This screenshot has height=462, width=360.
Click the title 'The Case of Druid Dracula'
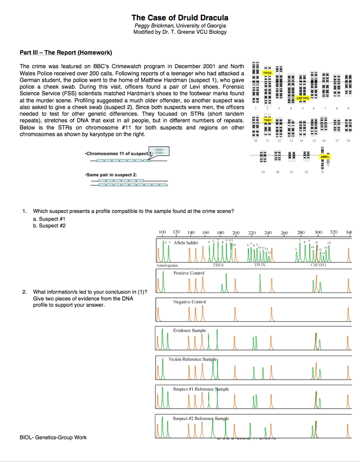(180, 18)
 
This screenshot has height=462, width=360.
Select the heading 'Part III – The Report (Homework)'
(63, 53)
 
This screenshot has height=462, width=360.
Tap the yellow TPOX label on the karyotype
(268, 73)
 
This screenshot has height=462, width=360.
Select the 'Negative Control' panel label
(189, 301)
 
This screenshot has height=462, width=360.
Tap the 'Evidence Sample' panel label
(189, 330)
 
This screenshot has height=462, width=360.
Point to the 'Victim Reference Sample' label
(193, 359)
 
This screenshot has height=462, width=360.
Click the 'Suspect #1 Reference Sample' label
(201, 388)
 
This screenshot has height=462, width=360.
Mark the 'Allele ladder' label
(186, 243)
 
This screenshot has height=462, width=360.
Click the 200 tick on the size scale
(236, 232)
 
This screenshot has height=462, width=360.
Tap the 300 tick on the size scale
(318, 232)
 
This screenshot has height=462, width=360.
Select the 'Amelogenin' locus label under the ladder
(167, 266)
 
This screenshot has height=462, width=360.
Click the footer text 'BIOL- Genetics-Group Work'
(53, 437)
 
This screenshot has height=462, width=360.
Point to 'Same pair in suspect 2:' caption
(111, 174)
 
